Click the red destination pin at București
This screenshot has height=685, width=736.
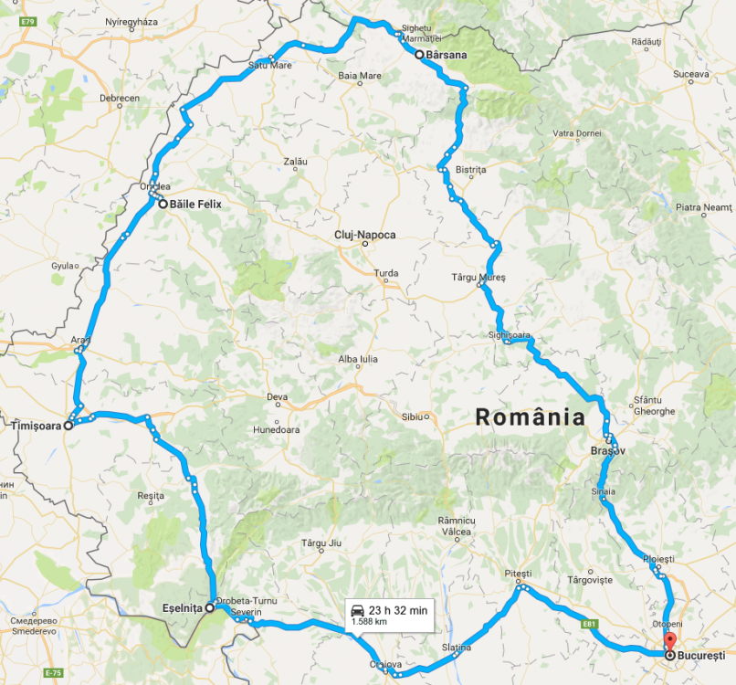tap(669, 642)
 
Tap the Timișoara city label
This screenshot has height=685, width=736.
tap(35, 426)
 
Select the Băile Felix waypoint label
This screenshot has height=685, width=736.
tap(195, 205)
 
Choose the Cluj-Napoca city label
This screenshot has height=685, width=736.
tap(365, 235)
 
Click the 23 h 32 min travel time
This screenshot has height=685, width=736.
tap(399, 610)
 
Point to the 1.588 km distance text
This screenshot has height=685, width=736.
tap(370, 622)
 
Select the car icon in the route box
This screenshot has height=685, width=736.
tap(360, 610)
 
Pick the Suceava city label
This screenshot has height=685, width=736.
tap(690, 73)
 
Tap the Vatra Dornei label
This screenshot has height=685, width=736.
tap(577, 133)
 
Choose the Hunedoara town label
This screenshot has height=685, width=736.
tap(276, 429)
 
